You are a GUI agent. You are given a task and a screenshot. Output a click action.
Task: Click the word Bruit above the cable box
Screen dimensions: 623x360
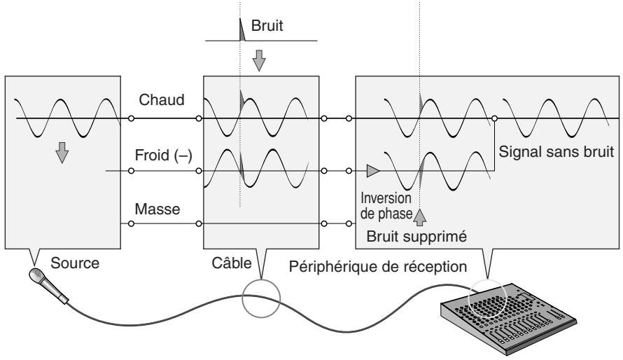pyautogui.click(x=267, y=26)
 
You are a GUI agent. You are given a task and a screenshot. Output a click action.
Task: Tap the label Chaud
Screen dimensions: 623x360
pyautogui.click(x=161, y=99)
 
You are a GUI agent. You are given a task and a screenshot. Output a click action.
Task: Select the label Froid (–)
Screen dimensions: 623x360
pyautogui.click(x=163, y=155)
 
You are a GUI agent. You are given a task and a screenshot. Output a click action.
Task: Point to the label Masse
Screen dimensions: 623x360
pyautogui.click(x=157, y=209)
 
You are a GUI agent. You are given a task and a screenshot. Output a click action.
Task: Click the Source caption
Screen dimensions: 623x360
pyautogui.click(x=75, y=263)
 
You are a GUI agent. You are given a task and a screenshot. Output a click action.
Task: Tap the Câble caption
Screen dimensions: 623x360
pyautogui.click(x=232, y=263)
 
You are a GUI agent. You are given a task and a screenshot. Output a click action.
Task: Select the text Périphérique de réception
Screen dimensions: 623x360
pyautogui.click(x=378, y=267)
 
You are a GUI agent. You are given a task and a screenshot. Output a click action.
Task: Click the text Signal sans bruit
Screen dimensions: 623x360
pyautogui.click(x=556, y=152)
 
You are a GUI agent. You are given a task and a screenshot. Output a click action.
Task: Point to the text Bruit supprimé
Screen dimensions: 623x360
pyautogui.click(x=416, y=237)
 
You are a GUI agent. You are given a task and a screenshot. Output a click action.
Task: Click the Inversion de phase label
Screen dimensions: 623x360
pyautogui.click(x=386, y=206)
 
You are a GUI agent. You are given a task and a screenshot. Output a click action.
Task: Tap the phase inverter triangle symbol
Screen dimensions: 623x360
pyautogui.click(x=373, y=171)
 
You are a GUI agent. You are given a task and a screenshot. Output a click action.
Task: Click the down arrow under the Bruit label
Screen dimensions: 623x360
pyautogui.click(x=259, y=60)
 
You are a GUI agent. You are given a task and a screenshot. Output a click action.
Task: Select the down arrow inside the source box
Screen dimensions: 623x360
pyautogui.click(x=62, y=153)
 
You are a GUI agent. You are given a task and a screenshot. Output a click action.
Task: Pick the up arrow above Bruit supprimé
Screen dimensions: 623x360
pyautogui.click(x=420, y=217)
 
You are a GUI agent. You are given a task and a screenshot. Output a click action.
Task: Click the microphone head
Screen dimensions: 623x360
pyautogui.click(x=36, y=275)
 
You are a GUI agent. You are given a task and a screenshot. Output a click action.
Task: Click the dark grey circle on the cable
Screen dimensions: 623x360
pyautogui.click(x=261, y=298)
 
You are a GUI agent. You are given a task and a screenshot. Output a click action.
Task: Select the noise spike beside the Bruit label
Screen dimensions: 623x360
pyautogui.click(x=241, y=30)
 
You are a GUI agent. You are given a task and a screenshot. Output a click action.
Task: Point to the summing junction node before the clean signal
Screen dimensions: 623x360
pyautogui.click(x=494, y=118)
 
